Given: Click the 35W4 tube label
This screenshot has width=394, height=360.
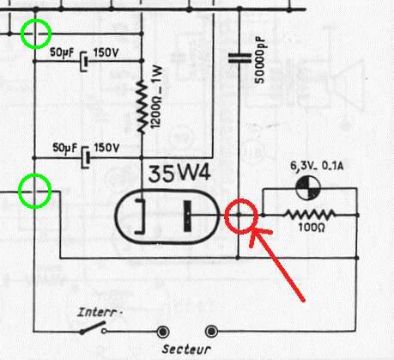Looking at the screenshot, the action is (x=179, y=174).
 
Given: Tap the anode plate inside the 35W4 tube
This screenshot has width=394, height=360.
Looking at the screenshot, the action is (x=187, y=216).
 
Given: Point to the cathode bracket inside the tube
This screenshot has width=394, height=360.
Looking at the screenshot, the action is (x=141, y=216).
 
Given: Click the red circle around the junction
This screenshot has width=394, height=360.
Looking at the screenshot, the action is (x=241, y=200).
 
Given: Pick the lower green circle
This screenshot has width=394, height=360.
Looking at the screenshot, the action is (x=34, y=174).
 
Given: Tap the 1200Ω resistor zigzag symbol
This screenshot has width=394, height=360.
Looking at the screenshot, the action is (x=142, y=107).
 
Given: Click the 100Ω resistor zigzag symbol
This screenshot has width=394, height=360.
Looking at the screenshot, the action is (x=311, y=215).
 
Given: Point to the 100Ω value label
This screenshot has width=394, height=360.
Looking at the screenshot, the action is (x=312, y=228).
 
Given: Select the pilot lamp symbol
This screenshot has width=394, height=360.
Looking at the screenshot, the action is (x=308, y=188).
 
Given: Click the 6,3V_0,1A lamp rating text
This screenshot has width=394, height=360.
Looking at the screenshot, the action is (x=317, y=166).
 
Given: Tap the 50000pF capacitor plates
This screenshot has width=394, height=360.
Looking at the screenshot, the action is (x=239, y=58).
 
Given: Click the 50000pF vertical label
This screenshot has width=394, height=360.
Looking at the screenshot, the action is (x=260, y=60).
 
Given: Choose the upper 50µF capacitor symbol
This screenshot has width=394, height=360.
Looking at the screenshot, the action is (x=84, y=61).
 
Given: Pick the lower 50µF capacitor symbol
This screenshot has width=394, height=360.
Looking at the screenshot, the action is (x=86, y=157).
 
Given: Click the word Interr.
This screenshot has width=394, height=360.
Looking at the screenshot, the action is (x=99, y=312).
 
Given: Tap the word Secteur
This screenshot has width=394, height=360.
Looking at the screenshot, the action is (x=186, y=349).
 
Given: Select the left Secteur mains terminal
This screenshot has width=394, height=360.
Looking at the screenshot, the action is (x=163, y=332).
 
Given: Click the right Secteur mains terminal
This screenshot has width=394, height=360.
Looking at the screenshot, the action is (x=211, y=332).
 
